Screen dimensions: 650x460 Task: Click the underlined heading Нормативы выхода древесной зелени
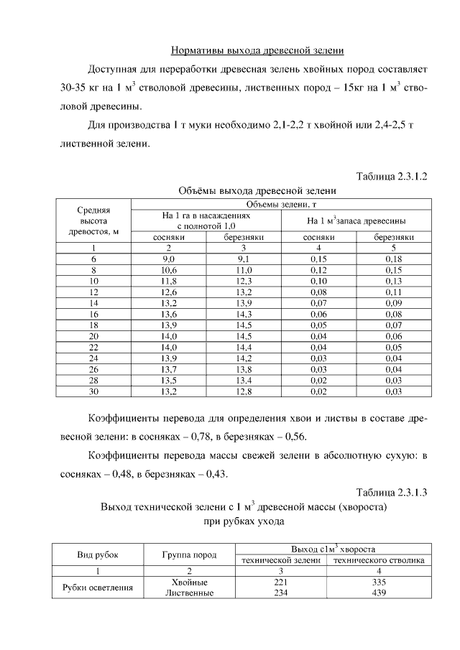(x=257, y=51)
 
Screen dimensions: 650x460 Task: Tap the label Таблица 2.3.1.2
(x=392, y=176)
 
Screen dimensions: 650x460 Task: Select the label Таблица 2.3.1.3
(x=392, y=492)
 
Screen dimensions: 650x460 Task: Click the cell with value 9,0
(x=169, y=258)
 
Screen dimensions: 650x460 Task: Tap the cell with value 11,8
(x=169, y=281)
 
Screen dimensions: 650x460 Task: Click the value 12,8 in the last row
(x=245, y=392)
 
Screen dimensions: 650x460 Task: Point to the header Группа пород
(x=190, y=554)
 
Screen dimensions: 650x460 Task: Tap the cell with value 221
(x=281, y=582)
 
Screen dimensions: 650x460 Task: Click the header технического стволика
(x=378, y=560)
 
